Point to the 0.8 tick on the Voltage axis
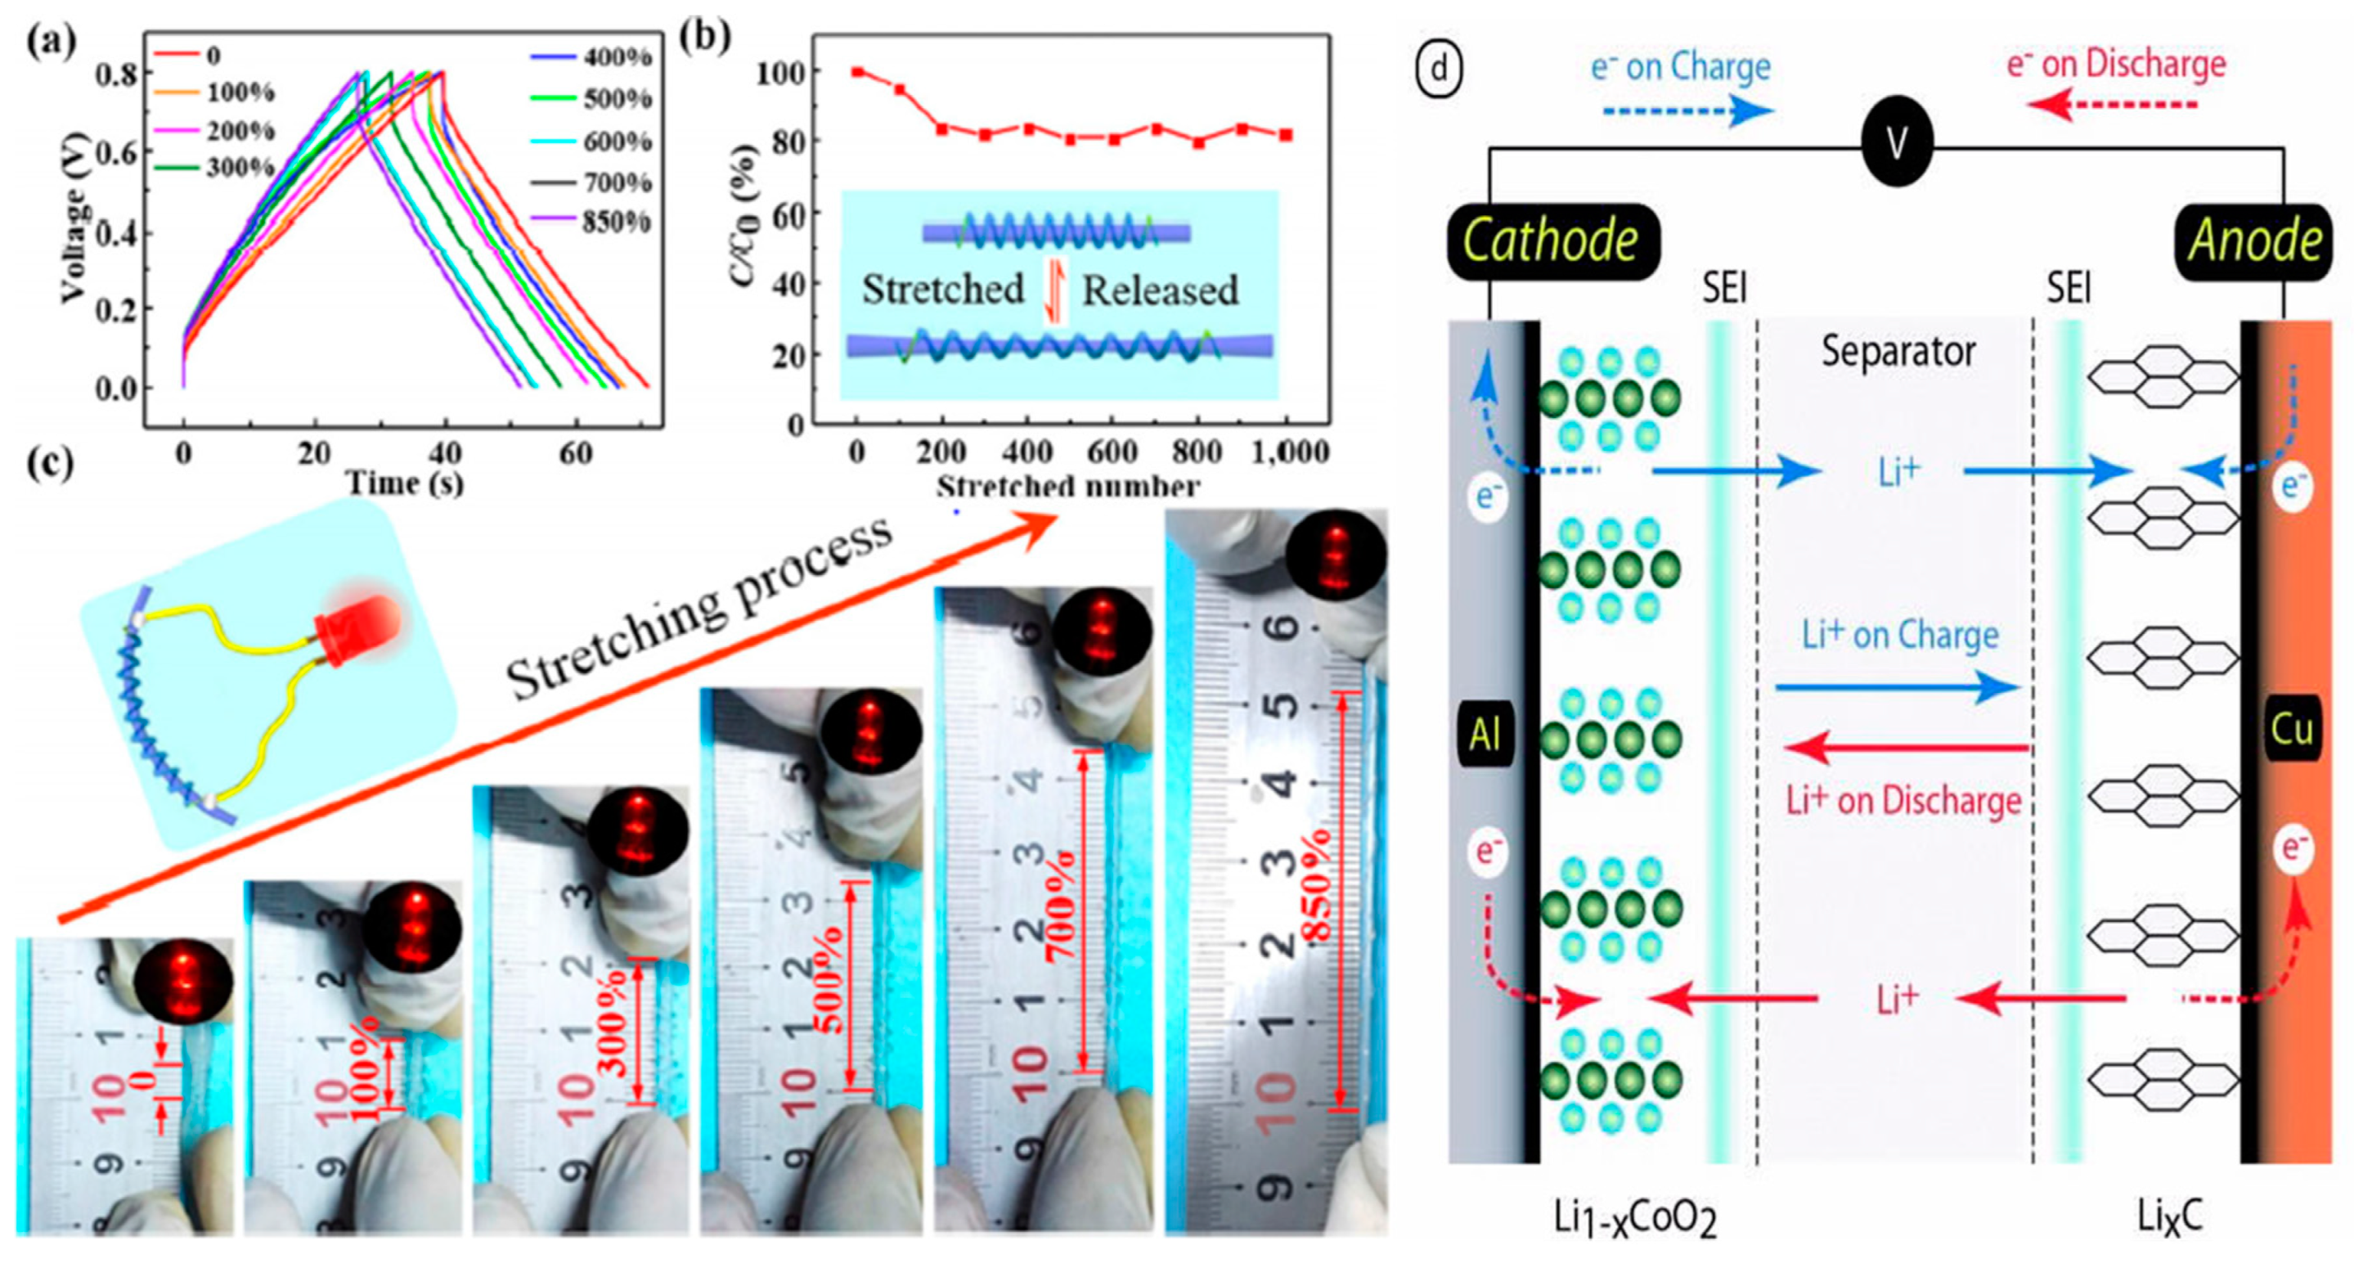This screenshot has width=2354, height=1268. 117,73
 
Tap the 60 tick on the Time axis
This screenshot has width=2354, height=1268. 576,453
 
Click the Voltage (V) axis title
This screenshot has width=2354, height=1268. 75,218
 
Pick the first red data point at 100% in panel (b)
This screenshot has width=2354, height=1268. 857,71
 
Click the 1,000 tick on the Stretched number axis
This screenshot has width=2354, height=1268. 1289,452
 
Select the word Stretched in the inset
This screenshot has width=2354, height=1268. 943,290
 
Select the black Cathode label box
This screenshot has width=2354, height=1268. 1552,241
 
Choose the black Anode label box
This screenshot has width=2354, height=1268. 2254,241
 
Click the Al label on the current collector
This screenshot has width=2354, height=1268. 1485,734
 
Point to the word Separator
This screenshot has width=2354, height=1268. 1898,352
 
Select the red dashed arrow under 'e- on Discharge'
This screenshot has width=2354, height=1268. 2112,106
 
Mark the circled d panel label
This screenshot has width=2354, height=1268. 1440,69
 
